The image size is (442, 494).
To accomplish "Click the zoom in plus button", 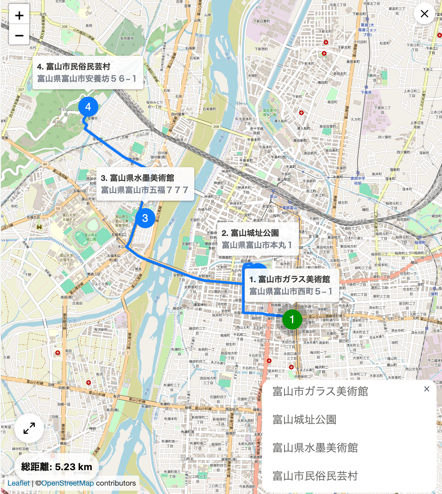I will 19,15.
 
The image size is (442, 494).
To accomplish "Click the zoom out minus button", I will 19,35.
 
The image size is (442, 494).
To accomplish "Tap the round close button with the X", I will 424,14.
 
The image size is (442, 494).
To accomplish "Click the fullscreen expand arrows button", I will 29,428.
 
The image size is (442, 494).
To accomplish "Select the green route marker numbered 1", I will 292,319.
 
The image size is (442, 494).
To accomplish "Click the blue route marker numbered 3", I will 145,218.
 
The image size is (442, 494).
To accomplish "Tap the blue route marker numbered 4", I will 88,107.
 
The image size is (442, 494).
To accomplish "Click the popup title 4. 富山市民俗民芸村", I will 73,66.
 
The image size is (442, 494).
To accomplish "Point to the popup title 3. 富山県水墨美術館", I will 137,178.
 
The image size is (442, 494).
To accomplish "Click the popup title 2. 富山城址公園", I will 250,233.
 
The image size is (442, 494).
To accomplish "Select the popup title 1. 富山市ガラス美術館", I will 289,279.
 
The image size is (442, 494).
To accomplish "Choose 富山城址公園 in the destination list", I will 304,419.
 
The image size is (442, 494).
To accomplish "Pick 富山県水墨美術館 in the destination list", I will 315,448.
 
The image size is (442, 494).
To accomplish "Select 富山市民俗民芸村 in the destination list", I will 315,476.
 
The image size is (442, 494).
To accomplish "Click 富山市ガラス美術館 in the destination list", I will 320,391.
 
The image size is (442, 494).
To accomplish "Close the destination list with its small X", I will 427,389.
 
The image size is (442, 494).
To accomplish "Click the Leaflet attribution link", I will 18,483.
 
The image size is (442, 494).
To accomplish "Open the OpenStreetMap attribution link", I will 67,483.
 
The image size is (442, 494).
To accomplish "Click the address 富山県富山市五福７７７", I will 144,190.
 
